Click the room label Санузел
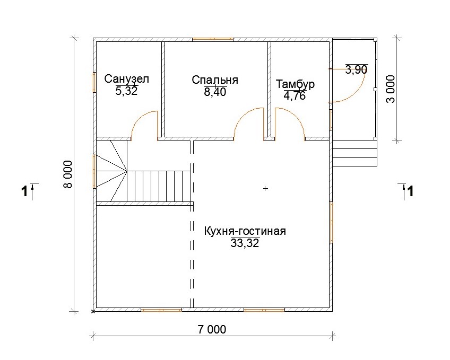pos(126,79)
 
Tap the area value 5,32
pos(126,91)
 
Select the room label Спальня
pos(215,80)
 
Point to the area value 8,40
pos(215,92)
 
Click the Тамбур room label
pos(295,84)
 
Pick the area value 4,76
pos(295,96)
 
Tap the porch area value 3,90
pos(357,69)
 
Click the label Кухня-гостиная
pos(245,231)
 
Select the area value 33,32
pos(245,243)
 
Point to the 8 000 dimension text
pos(68,174)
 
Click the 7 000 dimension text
pos(212,330)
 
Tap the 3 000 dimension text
pos(391,89)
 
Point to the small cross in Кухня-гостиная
pos(265,189)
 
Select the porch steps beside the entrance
pos(354,153)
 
